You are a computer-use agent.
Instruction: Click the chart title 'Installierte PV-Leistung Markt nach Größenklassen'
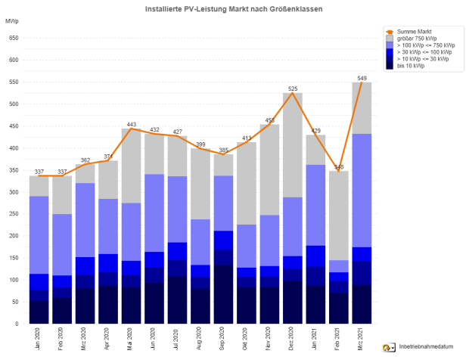[x=234, y=8]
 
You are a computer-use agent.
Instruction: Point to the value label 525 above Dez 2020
[x=292, y=88]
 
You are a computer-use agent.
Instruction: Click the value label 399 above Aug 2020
[x=200, y=144]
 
